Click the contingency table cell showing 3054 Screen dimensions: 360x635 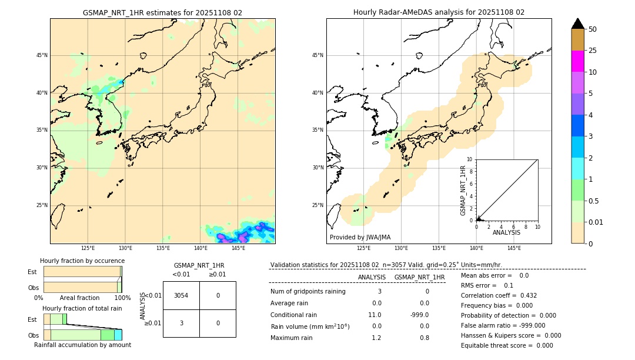pyautogui.click(x=181, y=295)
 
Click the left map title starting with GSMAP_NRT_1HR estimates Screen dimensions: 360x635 pyautogui.click(x=162, y=12)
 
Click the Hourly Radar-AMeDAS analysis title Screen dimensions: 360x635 pyautogui.click(x=439, y=12)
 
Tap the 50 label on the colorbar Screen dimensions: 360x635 pyautogui.click(x=593, y=29)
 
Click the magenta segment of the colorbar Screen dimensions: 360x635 pyautogui.click(x=577, y=61)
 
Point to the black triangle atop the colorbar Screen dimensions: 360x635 pyautogui.click(x=577, y=24)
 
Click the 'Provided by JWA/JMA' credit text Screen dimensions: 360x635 pyautogui.click(x=360, y=238)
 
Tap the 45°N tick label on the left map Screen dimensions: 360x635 pyautogui.click(x=42, y=55)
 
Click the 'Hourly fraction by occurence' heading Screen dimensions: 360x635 pyautogui.click(x=82, y=261)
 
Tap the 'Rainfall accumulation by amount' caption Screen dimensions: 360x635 pyautogui.click(x=82, y=345)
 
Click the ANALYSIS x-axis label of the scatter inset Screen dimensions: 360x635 pyautogui.click(x=506, y=233)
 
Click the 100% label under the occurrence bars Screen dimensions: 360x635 pyautogui.click(x=122, y=298)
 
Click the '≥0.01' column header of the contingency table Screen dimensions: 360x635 pyautogui.click(x=217, y=274)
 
